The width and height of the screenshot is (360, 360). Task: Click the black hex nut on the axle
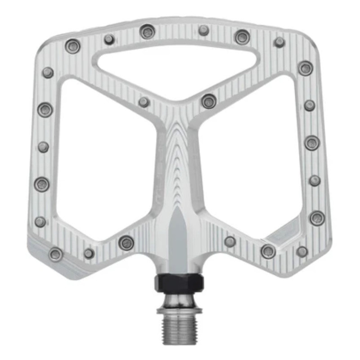click(x=179, y=282)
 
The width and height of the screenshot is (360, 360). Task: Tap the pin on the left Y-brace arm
click(x=144, y=102)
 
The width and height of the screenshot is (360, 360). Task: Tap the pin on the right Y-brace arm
click(x=208, y=101)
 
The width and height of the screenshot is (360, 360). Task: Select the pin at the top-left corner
click(x=72, y=45)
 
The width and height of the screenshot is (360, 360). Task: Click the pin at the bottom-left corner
click(x=56, y=254)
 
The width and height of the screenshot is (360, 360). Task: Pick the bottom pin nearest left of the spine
click(x=126, y=243)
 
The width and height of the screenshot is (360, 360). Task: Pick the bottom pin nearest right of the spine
click(x=230, y=242)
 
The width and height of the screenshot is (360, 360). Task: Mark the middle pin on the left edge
click(x=43, y=147)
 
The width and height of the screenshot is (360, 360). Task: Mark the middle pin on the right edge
click(x=312, y=143)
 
